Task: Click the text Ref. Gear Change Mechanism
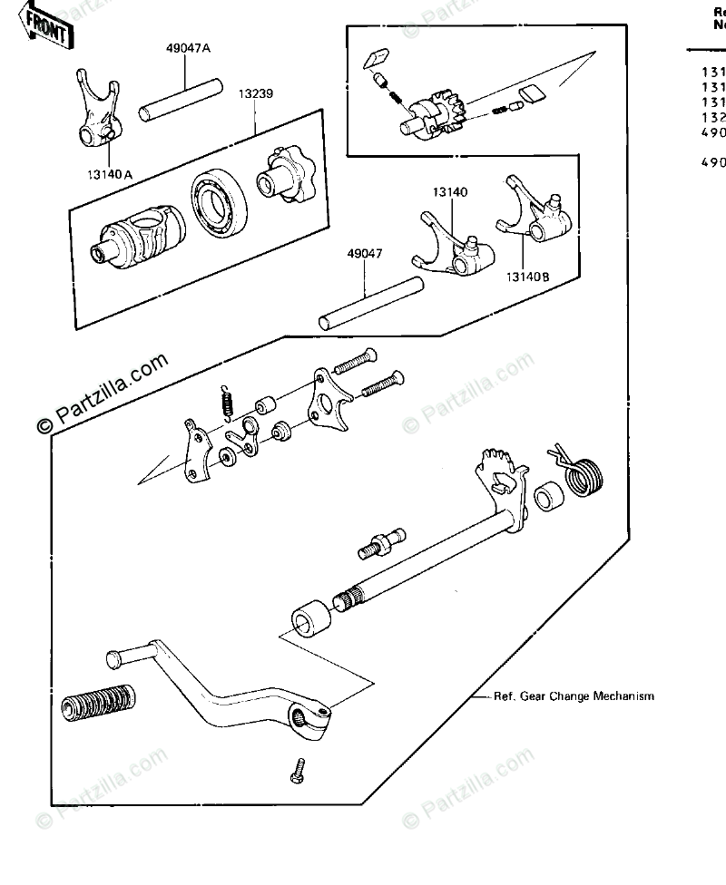pyautogui.click(x=574, y=696)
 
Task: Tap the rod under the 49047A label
pyautogui.click(x=180, y=100)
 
